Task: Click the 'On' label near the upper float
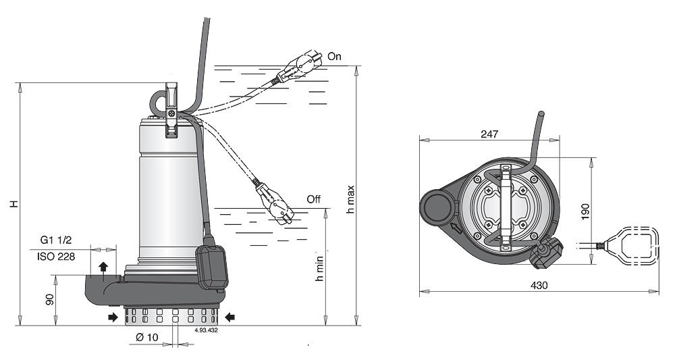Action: point(334,57)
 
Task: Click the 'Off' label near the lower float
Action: point(313,199)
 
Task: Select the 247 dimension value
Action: point(489,134)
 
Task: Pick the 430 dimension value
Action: point(539,285)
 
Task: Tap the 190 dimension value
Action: point(585,211)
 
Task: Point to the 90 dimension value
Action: point(51,300)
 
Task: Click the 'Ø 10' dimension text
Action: point(146,337)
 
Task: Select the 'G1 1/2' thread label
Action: point(56,240)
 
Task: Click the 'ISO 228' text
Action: point(56,257)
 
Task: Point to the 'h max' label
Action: point(350,199)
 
